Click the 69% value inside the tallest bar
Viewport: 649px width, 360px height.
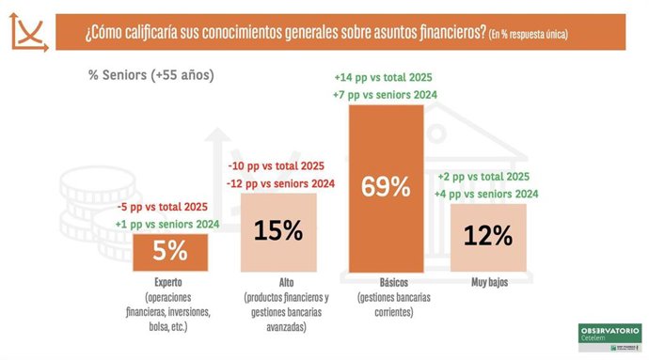click(386, 186)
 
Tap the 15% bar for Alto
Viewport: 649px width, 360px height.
click(278, 231)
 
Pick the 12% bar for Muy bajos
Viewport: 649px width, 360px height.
click(488, 236)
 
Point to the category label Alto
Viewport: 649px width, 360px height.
click(279, 281)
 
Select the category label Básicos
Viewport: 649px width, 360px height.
click(386, 281)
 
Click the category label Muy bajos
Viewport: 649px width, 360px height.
click(488, 281)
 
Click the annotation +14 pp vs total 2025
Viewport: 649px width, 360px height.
click(386, 77)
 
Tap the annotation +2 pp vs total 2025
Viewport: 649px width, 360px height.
click(485, 177)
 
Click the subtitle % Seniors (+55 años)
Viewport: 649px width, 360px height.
click(151, 76)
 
